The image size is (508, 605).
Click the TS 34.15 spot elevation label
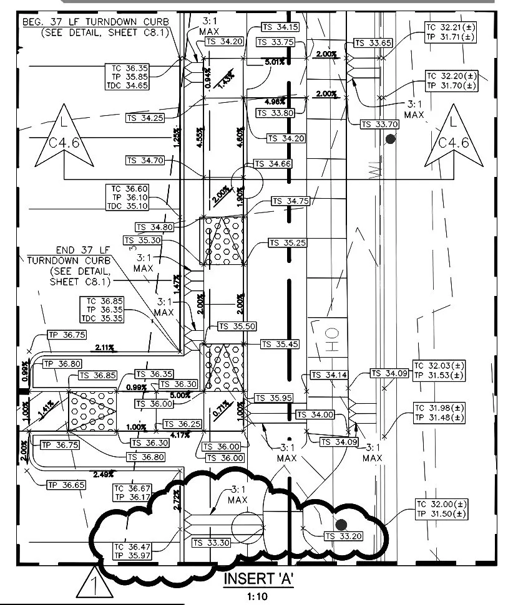point(278,27)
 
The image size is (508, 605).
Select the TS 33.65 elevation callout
point(373,43)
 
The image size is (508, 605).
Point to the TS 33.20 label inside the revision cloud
point(343,536)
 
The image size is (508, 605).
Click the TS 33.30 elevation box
point(212,543)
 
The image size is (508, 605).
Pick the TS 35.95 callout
point(273,398)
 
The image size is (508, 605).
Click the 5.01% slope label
point(274,62)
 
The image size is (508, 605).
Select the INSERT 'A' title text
point(258,579)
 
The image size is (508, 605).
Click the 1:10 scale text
point(257,596)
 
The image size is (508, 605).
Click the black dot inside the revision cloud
point(341,525)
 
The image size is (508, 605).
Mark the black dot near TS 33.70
point(391,140)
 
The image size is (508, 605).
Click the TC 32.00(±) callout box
point(441,509)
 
